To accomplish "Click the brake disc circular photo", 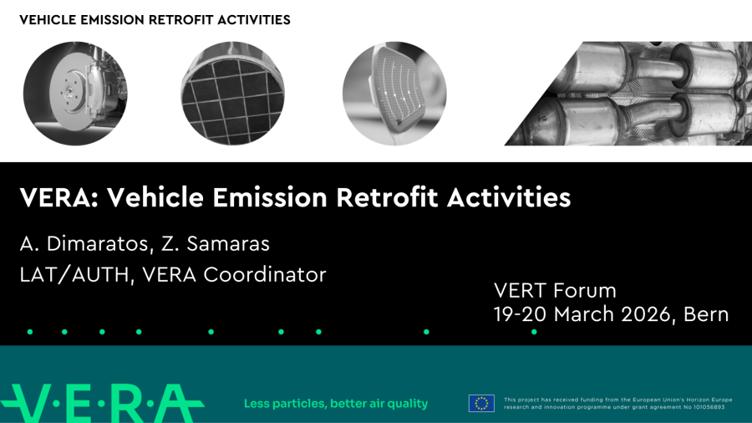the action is [x=75, y=94].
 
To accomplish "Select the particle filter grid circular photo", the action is [x=232, y=94].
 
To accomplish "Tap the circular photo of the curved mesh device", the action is [x=394, y=94].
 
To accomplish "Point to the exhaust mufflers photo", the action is [x=628, y=94].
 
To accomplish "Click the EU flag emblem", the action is [x=481, y=403].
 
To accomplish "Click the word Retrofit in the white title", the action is [x=387, y=197].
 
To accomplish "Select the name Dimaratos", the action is [x=99, y=243].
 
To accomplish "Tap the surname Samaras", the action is [x=228, y=243].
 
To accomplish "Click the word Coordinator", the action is [x=265, y=275].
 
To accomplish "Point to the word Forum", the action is [x=585, y=291].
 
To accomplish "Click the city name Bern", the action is [x=706, y=314].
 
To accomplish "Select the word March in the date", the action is [x=584, y=314].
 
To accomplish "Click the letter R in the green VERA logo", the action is [x=130, y=403].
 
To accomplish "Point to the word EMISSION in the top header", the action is [x=112, y=20].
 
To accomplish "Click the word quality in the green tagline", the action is [x=408, y=405].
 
